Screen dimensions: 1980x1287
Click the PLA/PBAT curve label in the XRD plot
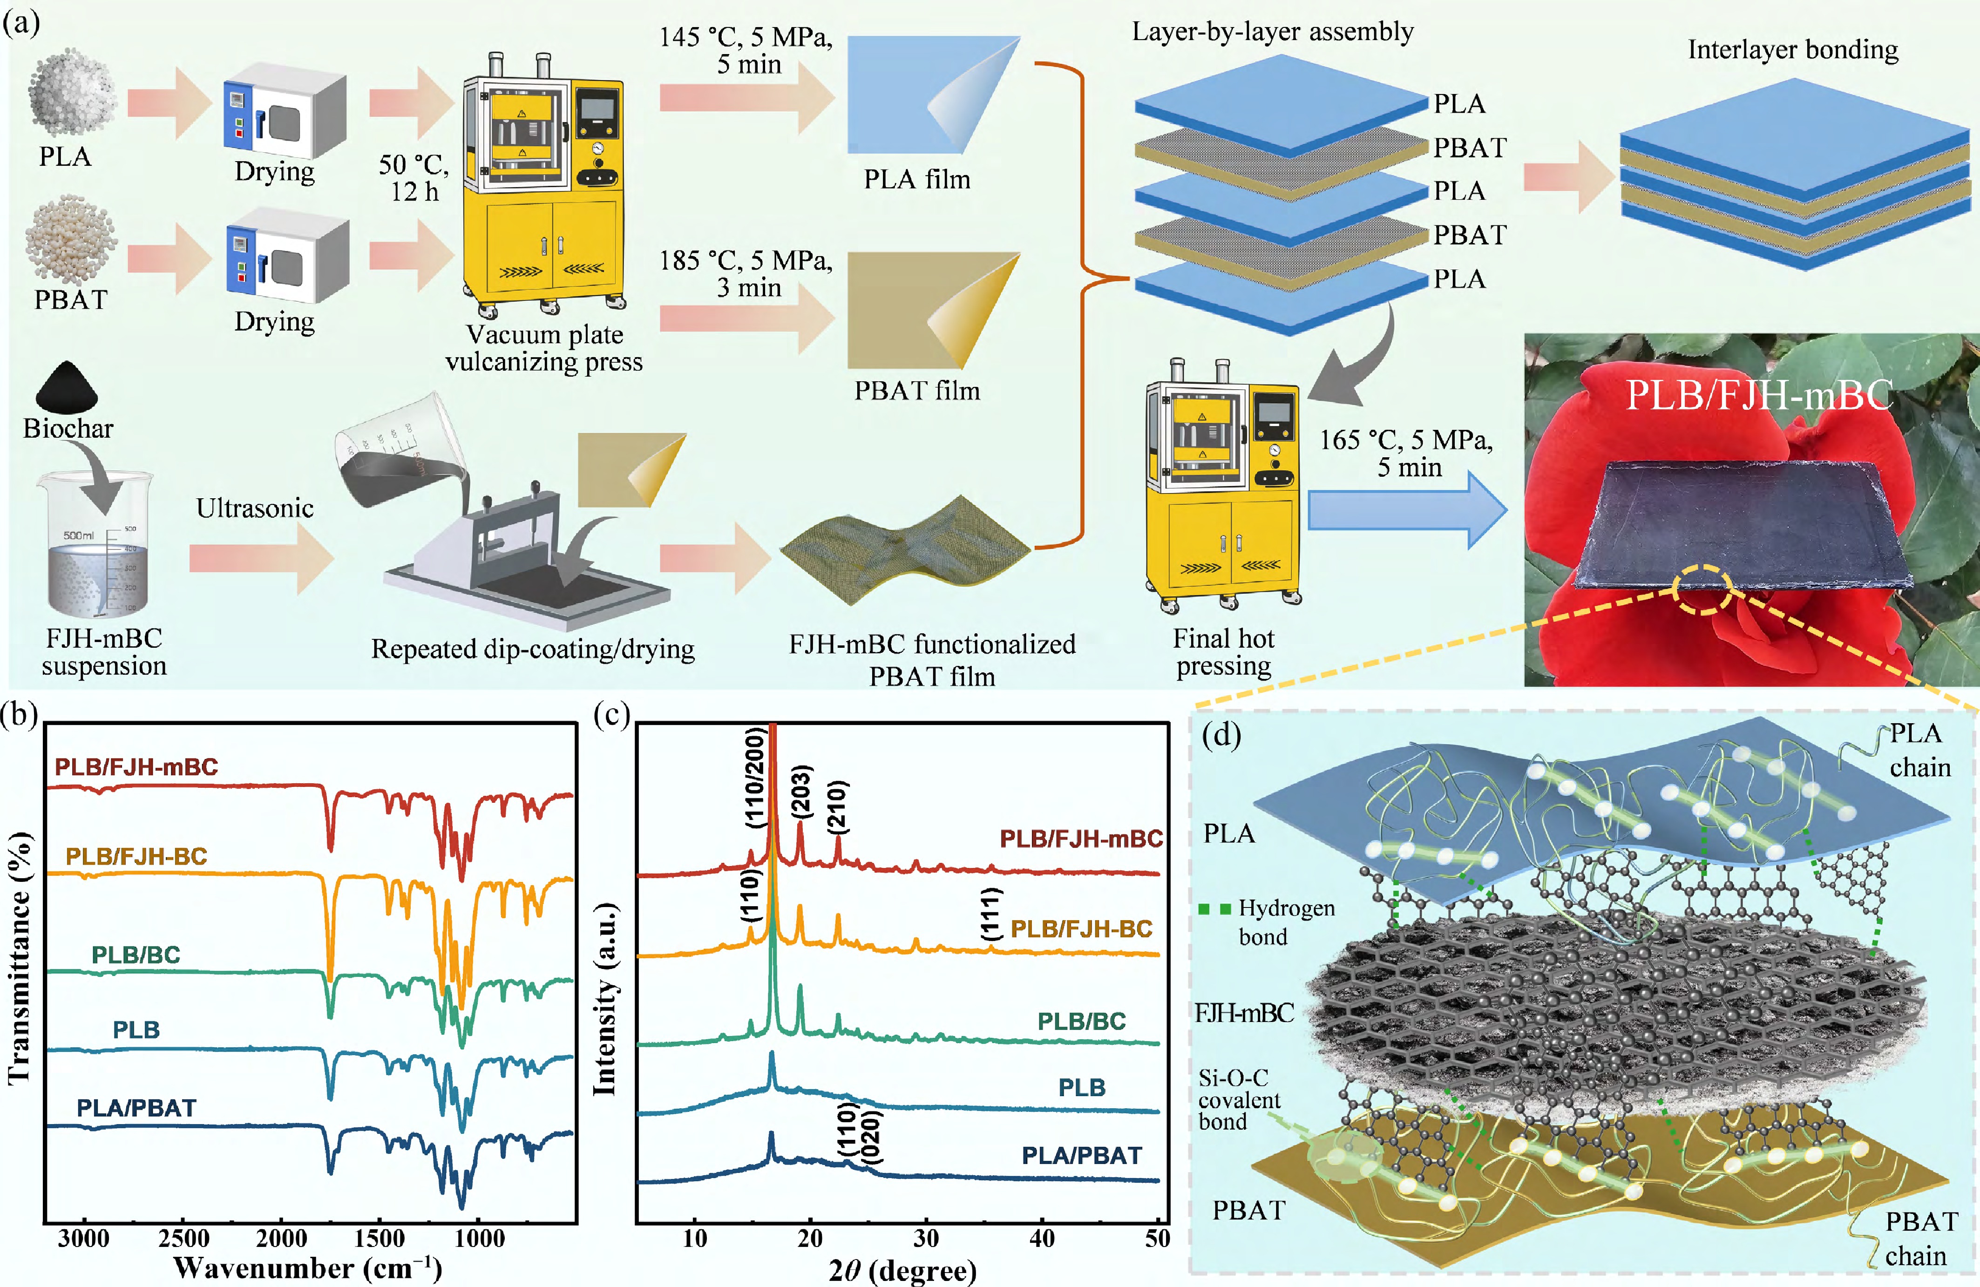click(1082, 1156)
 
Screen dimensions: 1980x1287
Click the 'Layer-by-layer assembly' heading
click(1273, 32)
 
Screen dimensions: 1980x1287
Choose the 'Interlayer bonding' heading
click(1793, 50)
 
